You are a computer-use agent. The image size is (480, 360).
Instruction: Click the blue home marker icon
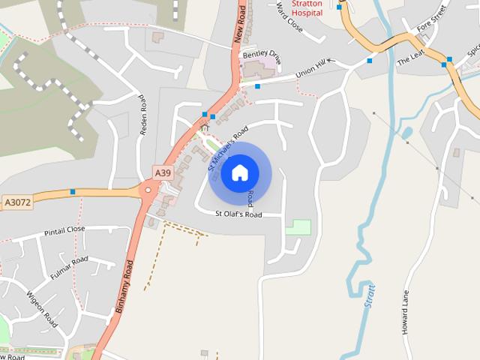(239, 173)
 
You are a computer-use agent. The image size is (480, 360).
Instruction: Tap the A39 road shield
(163, 173)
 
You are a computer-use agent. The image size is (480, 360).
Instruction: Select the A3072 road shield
(17, 202)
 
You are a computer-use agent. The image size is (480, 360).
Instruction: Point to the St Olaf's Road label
(238, 214)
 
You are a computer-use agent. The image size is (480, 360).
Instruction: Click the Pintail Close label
(64, 231)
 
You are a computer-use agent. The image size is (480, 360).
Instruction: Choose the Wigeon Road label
(42, 309)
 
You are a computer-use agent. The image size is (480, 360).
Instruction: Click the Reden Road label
(142, 115)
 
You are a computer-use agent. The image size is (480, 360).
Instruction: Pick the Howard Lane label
(406, 312)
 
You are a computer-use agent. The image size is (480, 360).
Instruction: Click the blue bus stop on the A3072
(73, 192)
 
